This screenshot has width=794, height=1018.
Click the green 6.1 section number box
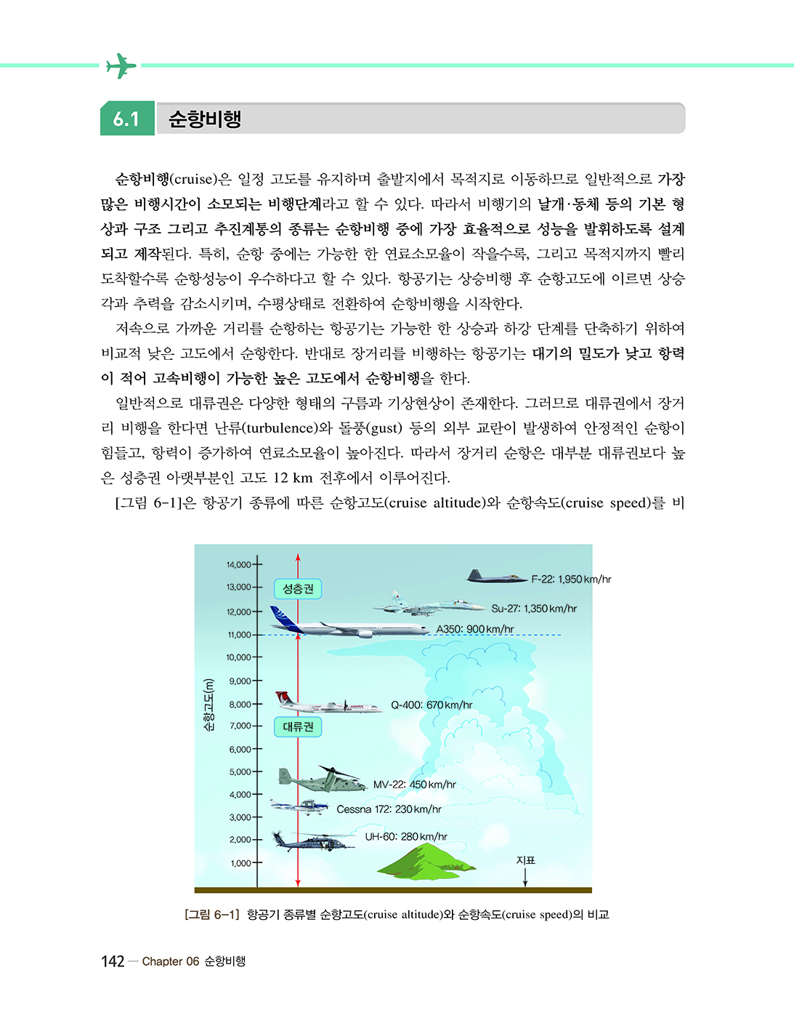127,119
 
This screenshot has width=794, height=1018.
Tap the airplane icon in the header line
121,65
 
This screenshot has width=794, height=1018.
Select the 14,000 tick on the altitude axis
239,564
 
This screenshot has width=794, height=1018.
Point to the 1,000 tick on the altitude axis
241,863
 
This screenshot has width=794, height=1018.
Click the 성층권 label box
298,588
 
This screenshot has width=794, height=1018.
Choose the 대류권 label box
298,726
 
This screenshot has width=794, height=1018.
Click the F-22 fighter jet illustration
495,577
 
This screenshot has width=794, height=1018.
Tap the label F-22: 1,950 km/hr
571,580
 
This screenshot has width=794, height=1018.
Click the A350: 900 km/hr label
474,629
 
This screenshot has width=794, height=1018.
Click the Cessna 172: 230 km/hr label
389,809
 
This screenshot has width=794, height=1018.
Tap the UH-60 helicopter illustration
312,841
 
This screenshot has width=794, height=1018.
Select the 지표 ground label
525,860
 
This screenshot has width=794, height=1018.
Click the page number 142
113,961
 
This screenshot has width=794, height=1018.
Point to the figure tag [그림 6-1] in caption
211,915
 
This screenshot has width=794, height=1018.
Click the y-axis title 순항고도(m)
209,705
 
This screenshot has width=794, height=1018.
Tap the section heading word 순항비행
205,119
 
